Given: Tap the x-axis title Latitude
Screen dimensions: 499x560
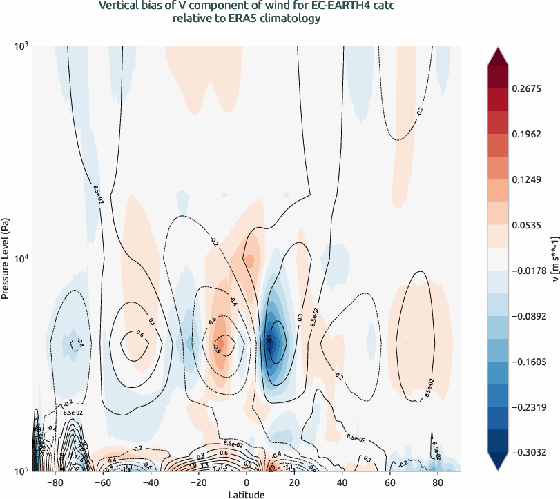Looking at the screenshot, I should pyautogui.click(x=247, y=494).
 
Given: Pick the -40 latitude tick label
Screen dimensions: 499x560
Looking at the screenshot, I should pyautogui.click(x=151, y=483).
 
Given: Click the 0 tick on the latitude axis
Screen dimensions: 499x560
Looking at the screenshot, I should pyautogui.click(x=247, y=483).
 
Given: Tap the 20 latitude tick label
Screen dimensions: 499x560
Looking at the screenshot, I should pyautogui.click(x=294, y=483).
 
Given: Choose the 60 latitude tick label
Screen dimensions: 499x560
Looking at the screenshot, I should pyautogui.click(x=389, y=483).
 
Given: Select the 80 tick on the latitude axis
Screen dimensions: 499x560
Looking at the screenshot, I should pyautogui.click(x=437, y=483).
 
